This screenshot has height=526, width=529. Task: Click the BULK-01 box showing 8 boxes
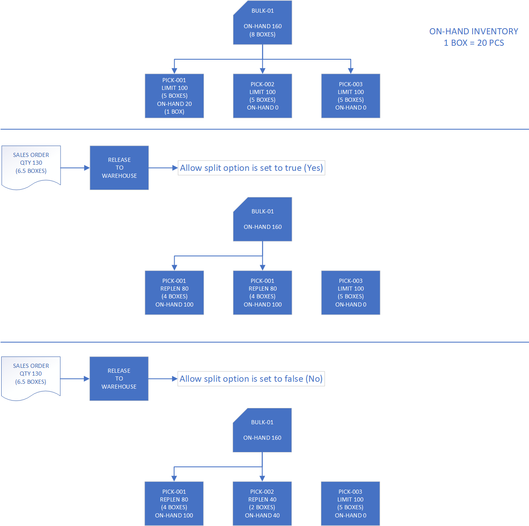pyautogui.click(x=262, y=23)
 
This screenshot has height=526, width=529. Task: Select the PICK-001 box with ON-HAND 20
pyautogui.click(x=174, y=96)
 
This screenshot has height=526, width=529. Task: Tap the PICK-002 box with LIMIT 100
pyautogui.click(x=262, y=96)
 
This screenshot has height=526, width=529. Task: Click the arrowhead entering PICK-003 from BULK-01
pyautogui.click(x=351, y=71)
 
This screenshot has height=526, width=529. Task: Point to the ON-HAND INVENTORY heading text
pyautogui.click(x=473, y=31)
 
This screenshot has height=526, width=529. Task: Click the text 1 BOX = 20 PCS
pyautogui.click(x=473, y=43)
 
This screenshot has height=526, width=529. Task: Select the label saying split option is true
pyautogui.click(x=251, y=168)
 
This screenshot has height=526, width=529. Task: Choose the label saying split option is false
pyautogui.click(x=251, y=379)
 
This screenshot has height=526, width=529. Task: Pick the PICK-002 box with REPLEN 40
pyautogui.click(x=262, y=503)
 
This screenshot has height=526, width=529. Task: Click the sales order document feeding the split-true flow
pyautogui.click(x=31, y=166)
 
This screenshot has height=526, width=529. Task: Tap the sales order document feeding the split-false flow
pyautogui.click(x=31, y=376)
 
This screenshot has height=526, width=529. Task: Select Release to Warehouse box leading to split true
pyautogui.click(x=119, y=168)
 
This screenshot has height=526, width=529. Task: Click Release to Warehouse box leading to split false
pyautogui.click(x=119, y=378)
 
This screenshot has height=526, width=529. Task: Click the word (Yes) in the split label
pyautogui.click(x=313, y=168)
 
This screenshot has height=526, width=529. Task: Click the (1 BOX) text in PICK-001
pyautogui.click(x=174, y=112)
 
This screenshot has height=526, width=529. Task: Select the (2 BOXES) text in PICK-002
pyautogui.click(x=262, y=507)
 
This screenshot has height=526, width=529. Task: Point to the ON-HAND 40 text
pyautogui.click(x=262, y=515)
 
